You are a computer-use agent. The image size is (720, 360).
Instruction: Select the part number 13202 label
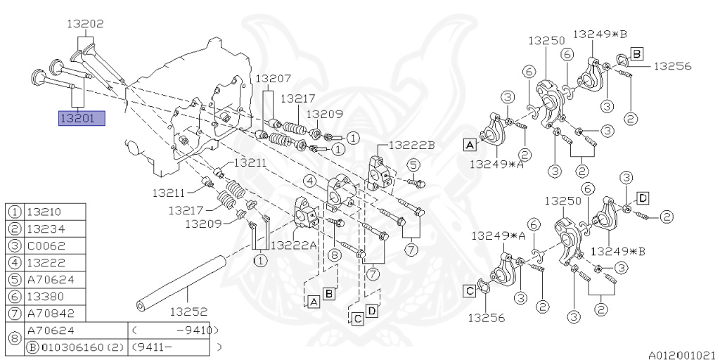click(85, 23)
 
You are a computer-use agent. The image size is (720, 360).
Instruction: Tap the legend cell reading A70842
click(49, 313)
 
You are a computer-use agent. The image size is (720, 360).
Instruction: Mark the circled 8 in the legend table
click(14, 338)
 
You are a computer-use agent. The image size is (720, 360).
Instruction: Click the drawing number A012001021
click(682, 356)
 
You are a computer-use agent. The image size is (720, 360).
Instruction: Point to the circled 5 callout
click(414, 165)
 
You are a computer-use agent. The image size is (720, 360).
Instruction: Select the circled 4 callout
click(309, 181)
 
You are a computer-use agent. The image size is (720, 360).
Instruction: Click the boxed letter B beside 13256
click(636, 53)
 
